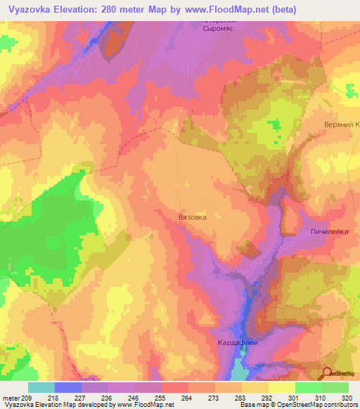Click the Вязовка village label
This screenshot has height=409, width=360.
coord(192,218)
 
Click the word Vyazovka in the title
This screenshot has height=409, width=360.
coord(30,9)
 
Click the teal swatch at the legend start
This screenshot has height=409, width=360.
coord(41,387)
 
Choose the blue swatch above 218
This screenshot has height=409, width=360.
coord(67,387)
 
